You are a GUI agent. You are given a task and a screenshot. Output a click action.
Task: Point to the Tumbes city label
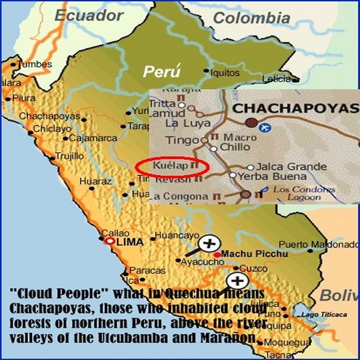(35, 65)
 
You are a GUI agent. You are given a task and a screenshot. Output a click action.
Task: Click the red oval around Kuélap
(172, 167)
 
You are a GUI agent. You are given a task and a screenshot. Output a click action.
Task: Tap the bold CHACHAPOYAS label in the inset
(295, 109)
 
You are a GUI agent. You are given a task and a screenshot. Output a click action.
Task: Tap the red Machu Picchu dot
(218, 254)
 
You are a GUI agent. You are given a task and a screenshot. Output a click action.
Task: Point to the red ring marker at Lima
(109, 240)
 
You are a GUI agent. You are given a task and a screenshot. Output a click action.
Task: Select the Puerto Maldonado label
(317, 244)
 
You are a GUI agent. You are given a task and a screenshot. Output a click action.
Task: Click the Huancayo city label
(173, 236)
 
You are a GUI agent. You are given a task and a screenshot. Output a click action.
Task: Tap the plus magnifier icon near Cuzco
(237, 281)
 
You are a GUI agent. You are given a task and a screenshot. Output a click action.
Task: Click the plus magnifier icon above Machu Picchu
(209, 243)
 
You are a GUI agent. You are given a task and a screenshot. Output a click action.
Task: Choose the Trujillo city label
(69, 156)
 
